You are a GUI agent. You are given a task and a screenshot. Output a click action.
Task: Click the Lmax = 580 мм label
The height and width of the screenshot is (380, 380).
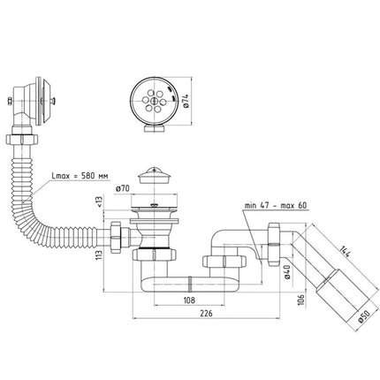click(80, 176)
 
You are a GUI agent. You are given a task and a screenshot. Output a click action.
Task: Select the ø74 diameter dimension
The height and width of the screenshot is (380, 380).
click(186, 102)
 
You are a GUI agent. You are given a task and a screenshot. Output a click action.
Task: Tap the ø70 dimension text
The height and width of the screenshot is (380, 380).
click(123, 188)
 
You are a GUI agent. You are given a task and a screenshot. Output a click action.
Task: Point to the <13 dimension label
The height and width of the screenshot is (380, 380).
click(99, 201)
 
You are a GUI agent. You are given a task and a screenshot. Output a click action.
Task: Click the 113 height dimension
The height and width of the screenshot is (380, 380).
click(100, 255)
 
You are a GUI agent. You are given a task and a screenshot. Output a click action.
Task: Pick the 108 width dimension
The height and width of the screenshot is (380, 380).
click(189, 300)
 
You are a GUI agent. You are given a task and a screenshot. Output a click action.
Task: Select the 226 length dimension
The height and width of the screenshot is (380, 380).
click(206, 314)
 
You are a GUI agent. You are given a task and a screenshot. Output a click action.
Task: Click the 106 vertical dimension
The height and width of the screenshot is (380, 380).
click(301, 300)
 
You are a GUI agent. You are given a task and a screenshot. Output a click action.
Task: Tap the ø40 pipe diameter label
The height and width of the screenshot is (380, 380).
click(288, 271)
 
